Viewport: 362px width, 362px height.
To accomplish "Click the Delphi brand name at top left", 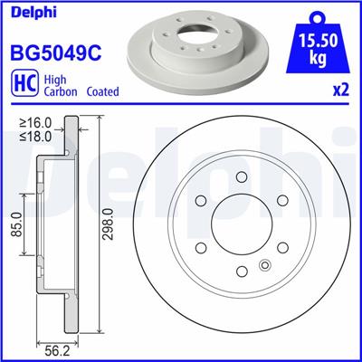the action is point(33,13).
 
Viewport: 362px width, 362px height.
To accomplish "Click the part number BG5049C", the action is point(56,52).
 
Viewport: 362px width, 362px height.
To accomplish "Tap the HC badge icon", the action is point(24,81).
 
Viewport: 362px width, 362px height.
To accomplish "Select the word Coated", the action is point(103,91).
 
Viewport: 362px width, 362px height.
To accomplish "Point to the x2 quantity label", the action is point(341,90).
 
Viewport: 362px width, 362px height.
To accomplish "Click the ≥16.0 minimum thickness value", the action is point(35,123).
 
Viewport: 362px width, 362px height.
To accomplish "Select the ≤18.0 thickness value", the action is point(35,136).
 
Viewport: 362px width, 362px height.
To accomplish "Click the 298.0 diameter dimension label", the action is point(108,224).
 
